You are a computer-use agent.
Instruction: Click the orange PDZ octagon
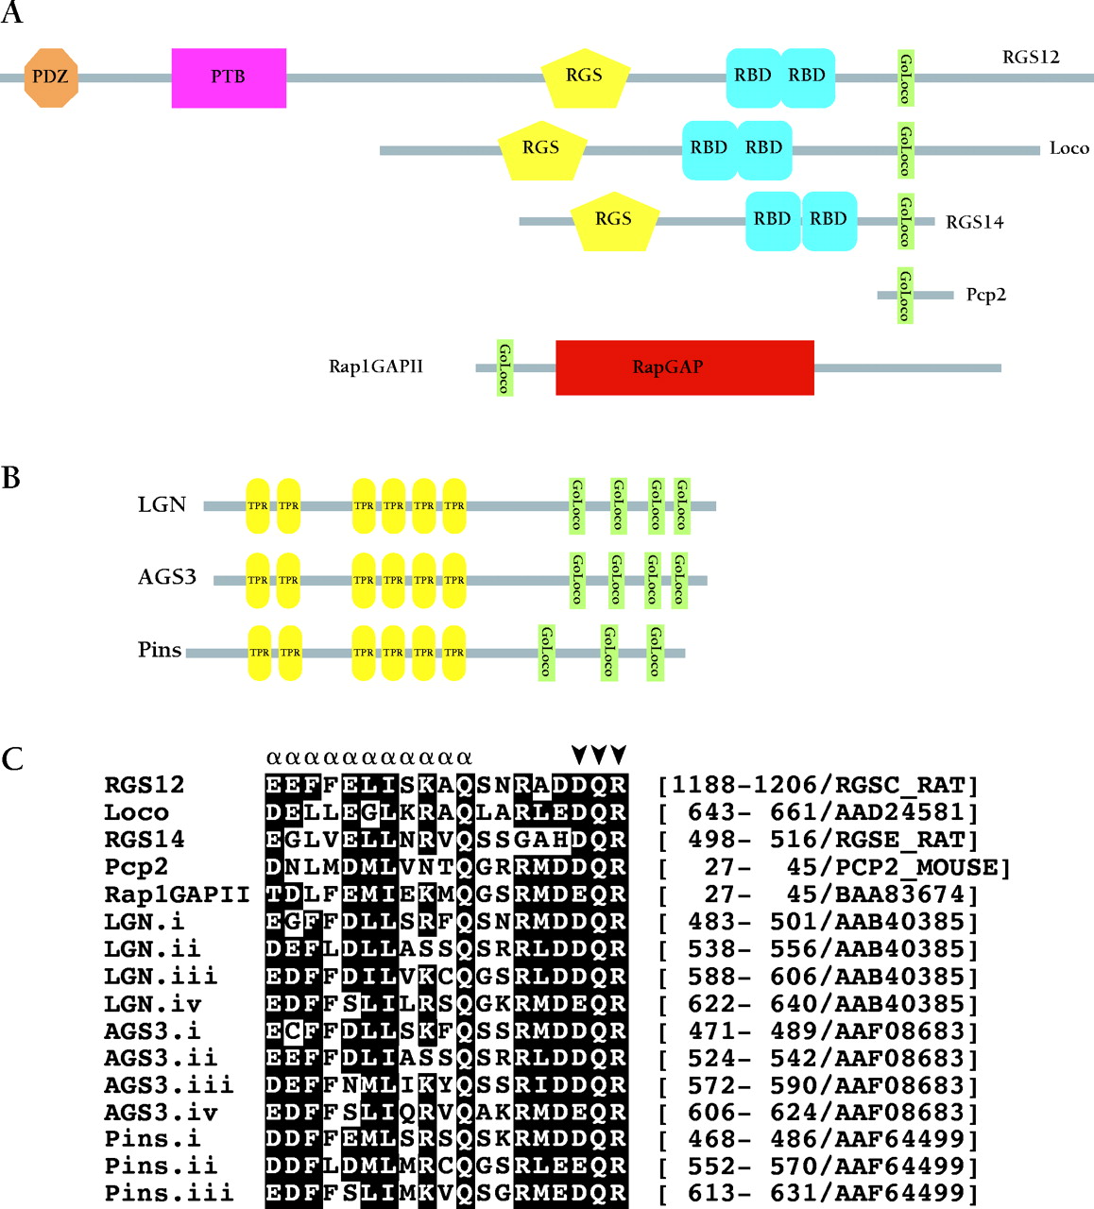[51, 77]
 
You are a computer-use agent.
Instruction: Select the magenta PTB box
[229, 77]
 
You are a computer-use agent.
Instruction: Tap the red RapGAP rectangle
[684, 367]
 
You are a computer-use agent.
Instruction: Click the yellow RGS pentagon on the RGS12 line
[585, 77]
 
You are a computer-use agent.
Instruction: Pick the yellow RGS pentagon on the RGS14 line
[613, 221]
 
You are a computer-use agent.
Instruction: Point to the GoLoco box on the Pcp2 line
[905, 295]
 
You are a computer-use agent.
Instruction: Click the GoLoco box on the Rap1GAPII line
[504, 367]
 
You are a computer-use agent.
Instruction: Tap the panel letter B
[11, 478]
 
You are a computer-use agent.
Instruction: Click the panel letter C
[12, 758]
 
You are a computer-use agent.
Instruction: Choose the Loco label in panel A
[1068, 148]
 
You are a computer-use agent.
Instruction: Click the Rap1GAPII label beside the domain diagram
[376, 366]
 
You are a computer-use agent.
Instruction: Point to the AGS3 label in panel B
[167, 577]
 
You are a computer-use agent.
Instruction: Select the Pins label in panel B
[160, 650]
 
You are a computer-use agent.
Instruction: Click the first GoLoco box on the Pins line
[545, 652]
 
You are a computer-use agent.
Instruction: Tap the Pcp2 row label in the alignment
[137, 867]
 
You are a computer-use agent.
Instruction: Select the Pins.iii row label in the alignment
[169, 1193]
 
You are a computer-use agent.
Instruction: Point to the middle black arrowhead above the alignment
[599, 754]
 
